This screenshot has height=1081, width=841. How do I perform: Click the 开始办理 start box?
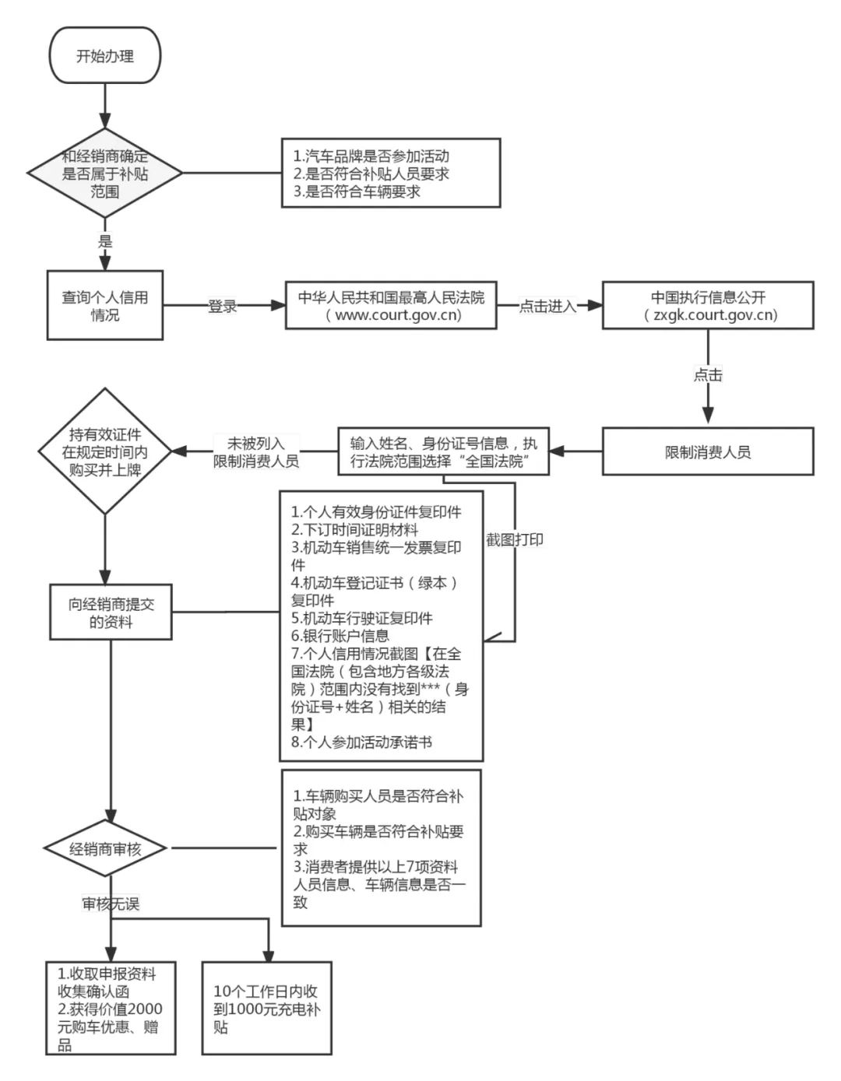click(104, 56)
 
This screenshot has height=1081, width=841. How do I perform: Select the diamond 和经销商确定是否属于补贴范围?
click(105, 173)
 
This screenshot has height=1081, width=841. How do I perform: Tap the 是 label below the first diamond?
click(105, 241)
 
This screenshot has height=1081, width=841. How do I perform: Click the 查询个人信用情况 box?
click(105, 306)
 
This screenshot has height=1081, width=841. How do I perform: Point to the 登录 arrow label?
click(222, 307)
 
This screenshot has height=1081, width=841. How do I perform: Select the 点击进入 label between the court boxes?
click(548, 307)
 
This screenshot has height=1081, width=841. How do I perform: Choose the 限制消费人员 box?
click(708, 452)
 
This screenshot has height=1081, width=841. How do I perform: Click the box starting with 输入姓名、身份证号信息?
click(443, 452)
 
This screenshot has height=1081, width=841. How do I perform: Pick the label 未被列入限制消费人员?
click(256, 452)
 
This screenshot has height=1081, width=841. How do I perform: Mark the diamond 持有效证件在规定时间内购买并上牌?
click(105, 452)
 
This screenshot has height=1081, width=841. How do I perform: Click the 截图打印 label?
click(515, 539)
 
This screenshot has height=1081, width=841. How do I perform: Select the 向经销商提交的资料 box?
click(111, 612)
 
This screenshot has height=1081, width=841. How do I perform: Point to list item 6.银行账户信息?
click(340, 636)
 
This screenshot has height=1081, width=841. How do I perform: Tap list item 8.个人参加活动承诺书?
click(361, 742)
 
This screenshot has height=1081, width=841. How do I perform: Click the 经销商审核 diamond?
click(105, 849)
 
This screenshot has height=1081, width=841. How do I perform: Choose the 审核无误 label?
click(111, 904)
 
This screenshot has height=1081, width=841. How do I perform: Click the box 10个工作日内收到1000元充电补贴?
click(266, 1009)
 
